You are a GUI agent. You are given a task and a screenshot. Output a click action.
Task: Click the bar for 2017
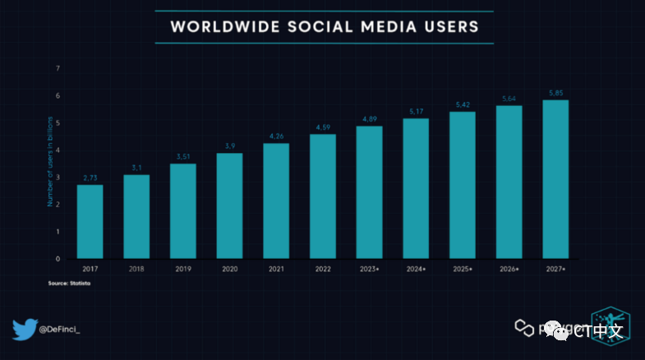pyautogui.click(x=90, y=221)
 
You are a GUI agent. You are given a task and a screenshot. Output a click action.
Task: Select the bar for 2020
pyautogui.click(x=229, y=205)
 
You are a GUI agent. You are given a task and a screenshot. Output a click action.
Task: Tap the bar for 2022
pyautogui.click(x=322, y=196)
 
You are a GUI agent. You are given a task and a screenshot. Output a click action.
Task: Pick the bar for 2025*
pyautogui.click(x=462, y=185)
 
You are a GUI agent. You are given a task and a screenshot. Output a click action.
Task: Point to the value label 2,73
pyautogui.click(x=90, y=178)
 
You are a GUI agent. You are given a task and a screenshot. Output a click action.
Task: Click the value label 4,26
pyautogui.click(x=276, y=136)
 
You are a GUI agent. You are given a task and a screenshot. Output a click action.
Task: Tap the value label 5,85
pyautogui.click(x=555, y=93)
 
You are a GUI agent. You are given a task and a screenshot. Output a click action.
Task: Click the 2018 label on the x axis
pyautogui.click(x=136, y=269)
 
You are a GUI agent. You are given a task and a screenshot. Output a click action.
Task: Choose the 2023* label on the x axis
pyautogui.click(x=370, y=269)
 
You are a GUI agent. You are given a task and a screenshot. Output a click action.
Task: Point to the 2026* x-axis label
pyautogui.click(x=509, y=269)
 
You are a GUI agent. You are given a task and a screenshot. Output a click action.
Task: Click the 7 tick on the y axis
pyautogui.click(x=58, y=68)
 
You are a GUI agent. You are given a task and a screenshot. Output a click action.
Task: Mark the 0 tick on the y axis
pyautogui.click(x=58, y=258)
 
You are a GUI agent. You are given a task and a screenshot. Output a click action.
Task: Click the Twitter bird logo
pyautogui.click(x=24, y=329)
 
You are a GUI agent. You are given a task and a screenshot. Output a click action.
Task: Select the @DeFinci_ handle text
pyautogui.click(x=66, y=330)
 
